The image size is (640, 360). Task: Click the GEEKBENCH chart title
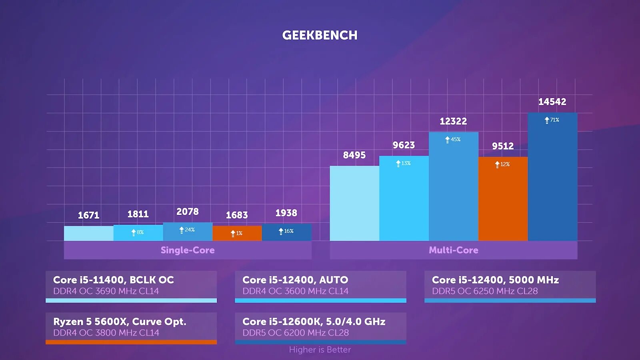(x=320, y=35)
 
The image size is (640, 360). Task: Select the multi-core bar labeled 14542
(x=552, y=180)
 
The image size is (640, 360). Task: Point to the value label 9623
(x=404, y=145)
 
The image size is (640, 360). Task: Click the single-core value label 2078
(x=187, y=212)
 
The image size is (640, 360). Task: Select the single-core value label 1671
(x=88, y=215)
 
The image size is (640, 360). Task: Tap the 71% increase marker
(x=552, y=120)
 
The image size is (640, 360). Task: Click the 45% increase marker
(x=453, y=140)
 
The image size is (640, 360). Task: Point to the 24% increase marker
(x=187, y=230)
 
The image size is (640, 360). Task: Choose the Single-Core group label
(x=187, y=250)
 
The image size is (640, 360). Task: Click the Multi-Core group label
(x=453, y=250)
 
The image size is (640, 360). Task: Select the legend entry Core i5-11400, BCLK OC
(x=114, y=280)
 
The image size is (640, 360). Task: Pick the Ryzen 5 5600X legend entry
(x=120, y=322)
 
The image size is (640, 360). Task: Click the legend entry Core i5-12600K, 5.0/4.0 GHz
(x=314, y=322)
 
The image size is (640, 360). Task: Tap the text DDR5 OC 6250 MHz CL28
(x=484, y=291)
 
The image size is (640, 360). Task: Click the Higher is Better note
(x=320, y=350)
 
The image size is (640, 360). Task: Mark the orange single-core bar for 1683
(x=237, y=234)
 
